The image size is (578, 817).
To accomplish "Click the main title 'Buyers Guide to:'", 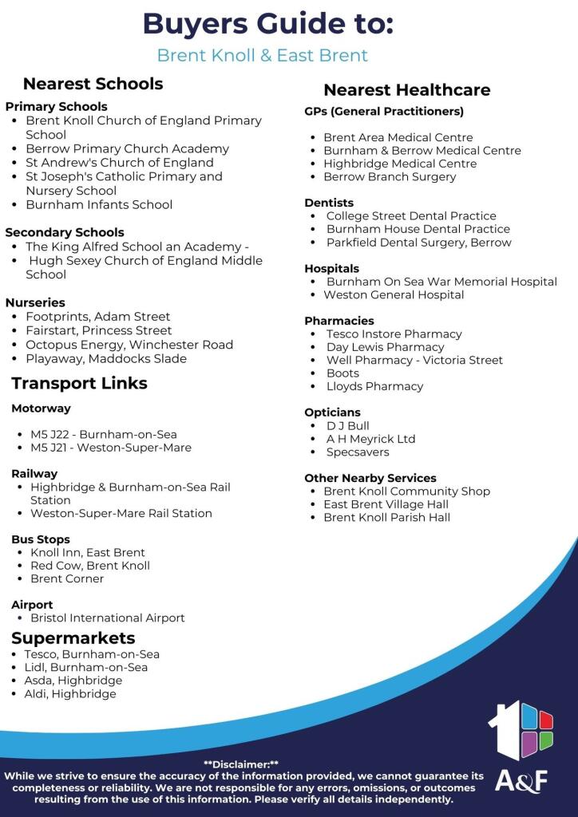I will coord(267,24).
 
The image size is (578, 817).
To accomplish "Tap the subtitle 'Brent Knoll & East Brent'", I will coord(262,55).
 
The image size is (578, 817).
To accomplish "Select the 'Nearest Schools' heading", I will coord(93,84).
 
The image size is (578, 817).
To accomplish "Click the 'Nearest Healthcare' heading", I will coord(406,89).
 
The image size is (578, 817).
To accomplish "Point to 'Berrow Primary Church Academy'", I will coord(127,148).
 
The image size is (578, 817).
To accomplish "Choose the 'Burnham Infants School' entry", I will coord(99,204).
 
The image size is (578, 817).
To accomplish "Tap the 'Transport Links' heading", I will coord(79,383).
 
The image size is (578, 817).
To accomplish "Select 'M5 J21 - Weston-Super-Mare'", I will coord(111,448).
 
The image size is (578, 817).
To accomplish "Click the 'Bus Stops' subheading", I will coord(41,539).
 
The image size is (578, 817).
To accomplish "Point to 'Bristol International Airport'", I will coord(107,618).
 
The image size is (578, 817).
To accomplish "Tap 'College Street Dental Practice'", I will coord(411,216).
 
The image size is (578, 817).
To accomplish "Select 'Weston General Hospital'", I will coord(394,294).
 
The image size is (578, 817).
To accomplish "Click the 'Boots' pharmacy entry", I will coord(342,373).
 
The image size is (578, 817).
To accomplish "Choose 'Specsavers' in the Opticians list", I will coord(358,452).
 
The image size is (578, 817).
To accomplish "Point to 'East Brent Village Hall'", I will coord(386,504).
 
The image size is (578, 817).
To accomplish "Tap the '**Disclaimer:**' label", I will coord(241,764).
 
